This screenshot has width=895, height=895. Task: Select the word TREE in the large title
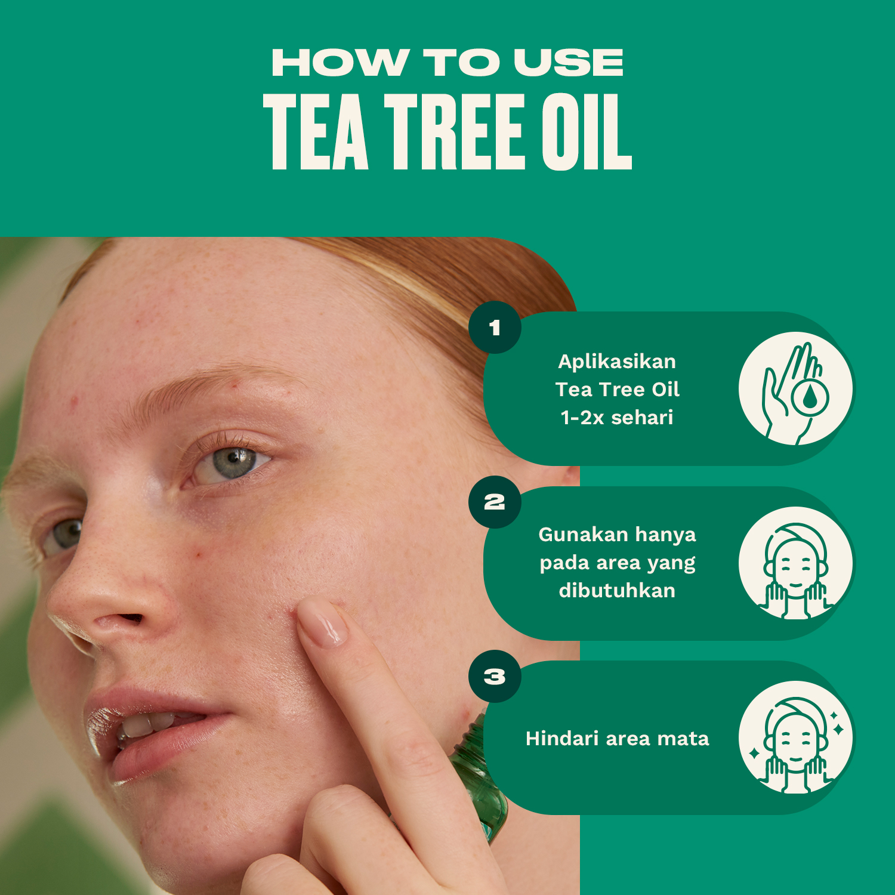click(455, 132)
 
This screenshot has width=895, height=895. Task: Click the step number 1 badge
click(495, 328)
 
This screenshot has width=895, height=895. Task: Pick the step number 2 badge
click(495, 502)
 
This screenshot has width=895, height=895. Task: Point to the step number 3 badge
click(495, 677)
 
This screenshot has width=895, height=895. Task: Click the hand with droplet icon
click(795, 388)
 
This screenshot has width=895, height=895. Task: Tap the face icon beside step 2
click(795, 563)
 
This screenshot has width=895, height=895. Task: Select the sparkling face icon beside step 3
click(795, 737)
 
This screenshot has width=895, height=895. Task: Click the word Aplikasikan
click(617, 362)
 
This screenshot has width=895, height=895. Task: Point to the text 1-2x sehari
click(617, 418)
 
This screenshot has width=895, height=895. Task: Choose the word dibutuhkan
click(617, 591)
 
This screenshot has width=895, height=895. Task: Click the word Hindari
click(562, 739)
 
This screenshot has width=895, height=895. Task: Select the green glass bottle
click(480, 776)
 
